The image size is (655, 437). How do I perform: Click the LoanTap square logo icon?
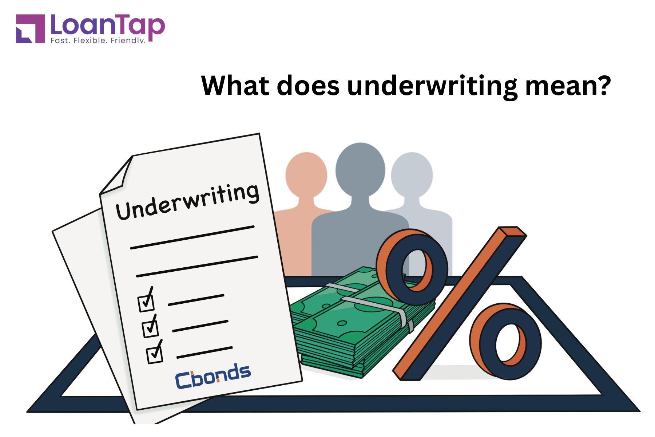click(31, 29)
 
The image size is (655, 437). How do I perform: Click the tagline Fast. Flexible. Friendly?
click(98, 40)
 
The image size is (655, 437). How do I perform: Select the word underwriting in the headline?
click(432, 87)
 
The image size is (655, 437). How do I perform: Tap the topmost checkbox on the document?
click(146, 300)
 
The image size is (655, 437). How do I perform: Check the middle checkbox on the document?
click(150, 327)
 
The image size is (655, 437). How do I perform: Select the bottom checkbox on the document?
click(155, 353)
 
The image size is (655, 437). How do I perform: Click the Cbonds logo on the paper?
click(213, 375)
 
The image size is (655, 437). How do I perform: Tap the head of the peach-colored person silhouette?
click(306, 174)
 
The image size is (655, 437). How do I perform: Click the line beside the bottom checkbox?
click(205, 352)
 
